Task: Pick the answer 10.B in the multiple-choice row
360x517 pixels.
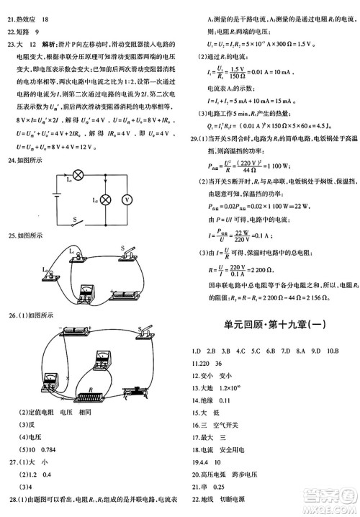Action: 330,350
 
